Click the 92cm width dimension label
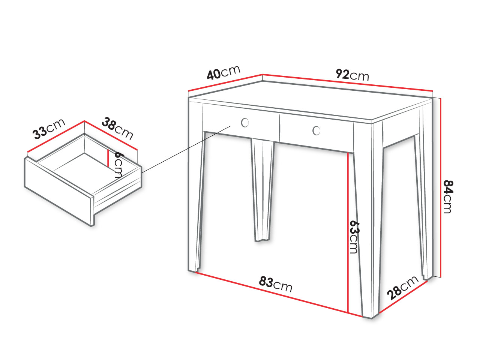(x=352, y=75)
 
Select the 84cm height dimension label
(x=448, y=197)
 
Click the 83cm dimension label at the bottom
(x=276, y=284)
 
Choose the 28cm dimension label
(x=403, y=288)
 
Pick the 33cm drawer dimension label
(x=49, y=129)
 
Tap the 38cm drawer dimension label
(x=117, y=128)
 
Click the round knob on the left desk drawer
(x=245, y=123)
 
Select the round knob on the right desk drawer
(x=316, y=130)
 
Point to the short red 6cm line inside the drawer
(x=108, y=158)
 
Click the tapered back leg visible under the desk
(x=262, y=190)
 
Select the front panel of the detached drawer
(x=59, y=192)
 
